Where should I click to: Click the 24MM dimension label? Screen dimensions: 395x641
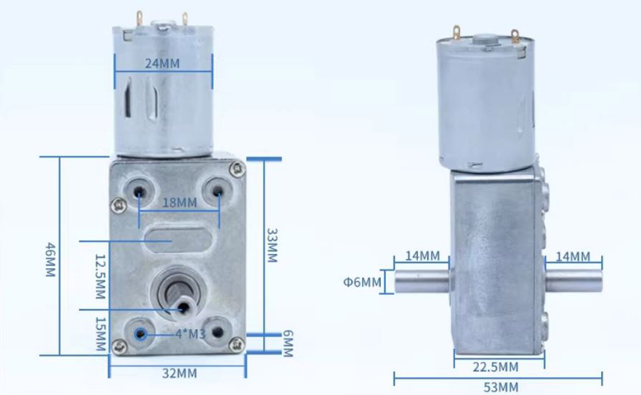(x=162, y=63)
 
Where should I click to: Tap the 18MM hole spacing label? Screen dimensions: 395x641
(x=179, y=203)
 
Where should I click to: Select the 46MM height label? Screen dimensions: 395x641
(x=50, y=259)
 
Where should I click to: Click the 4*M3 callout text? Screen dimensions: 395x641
(x=190, y=333)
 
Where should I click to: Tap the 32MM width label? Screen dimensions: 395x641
(x=179, y=373)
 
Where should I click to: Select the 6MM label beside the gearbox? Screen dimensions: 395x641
(x=287, y=344)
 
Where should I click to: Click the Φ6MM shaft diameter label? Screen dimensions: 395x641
(x=362, y=282)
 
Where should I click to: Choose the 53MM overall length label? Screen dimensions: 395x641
(x=499, y=387)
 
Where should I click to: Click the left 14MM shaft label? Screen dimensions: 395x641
(x=422, y=256)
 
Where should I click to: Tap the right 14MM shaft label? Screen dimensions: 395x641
(x=572, y=256)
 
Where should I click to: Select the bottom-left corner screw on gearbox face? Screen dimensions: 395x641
(x=118, y=346)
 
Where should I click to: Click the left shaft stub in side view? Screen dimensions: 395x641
(x=423, y=282)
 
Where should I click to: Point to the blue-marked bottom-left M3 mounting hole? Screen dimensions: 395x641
(x=140, y=333)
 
